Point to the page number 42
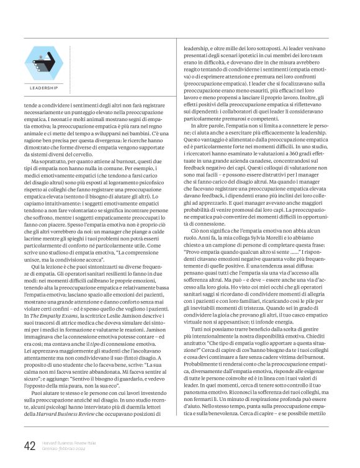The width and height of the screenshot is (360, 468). [29, 446]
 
